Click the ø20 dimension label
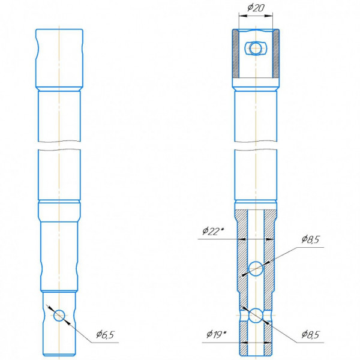point(256,8)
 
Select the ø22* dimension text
point(213,231)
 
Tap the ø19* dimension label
point(217,334)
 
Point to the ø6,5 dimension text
point(105,335)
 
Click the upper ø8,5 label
point(310,239)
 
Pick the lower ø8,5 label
point(310,335)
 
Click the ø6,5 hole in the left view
point(59,315)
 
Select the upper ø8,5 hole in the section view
point(256,268)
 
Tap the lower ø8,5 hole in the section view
point(256,315)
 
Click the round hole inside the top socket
point(256,48)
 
